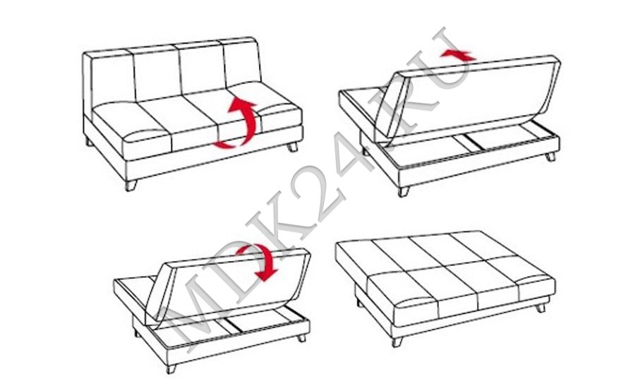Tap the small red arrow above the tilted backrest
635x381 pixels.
point(459,54)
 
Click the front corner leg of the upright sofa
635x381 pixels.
point(131,186)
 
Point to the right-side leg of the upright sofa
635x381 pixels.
point(292,147)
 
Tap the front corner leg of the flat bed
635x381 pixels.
point(397,342)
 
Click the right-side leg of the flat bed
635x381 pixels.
point(540,308)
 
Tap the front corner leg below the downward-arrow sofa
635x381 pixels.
point(171,368)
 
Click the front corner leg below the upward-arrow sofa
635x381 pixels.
point(403,191)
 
